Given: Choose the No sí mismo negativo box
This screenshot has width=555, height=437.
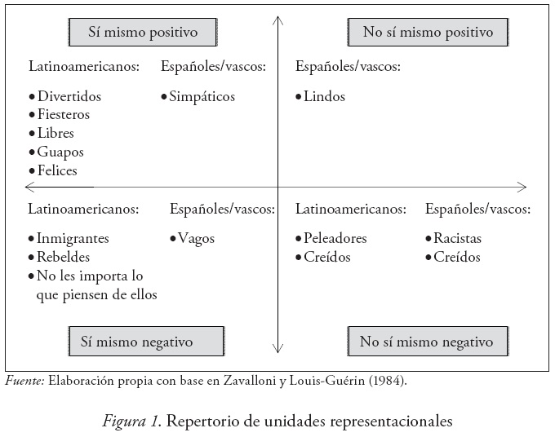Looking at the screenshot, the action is tap(427, 341).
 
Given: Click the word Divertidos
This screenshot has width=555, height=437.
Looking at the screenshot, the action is tap(69, 96).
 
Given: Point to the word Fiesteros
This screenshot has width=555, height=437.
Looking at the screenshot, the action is tap(64, 114).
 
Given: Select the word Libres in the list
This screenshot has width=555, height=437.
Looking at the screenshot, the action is tap(55, 133).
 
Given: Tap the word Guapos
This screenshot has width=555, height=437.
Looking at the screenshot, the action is tap(60, 152).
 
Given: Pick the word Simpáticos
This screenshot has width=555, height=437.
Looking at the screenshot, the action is tap(202, 96).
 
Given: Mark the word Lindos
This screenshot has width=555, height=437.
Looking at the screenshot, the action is tap(324, 96).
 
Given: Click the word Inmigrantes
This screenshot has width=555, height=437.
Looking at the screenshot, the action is tap(73, 239).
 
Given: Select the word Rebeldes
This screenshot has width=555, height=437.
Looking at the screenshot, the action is tap(63, 258).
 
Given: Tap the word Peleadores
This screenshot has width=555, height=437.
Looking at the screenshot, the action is tap(335, 239).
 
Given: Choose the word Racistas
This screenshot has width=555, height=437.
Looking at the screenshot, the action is tap(458, 239).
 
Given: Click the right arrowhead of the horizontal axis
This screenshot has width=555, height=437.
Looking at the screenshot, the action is tap(522, 188).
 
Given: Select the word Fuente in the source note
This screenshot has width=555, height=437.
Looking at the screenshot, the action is tap(24, 380).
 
